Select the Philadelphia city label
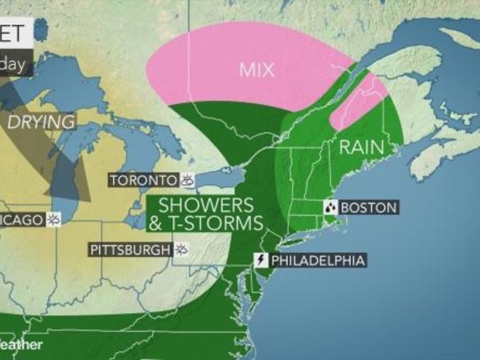coord(318,260)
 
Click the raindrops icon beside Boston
coord(330,208)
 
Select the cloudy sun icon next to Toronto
coord(187,179)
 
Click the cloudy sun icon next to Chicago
coord(54,220)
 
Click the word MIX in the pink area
coord(257,70)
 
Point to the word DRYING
coord(41,122)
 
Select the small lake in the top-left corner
coord(41,27)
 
